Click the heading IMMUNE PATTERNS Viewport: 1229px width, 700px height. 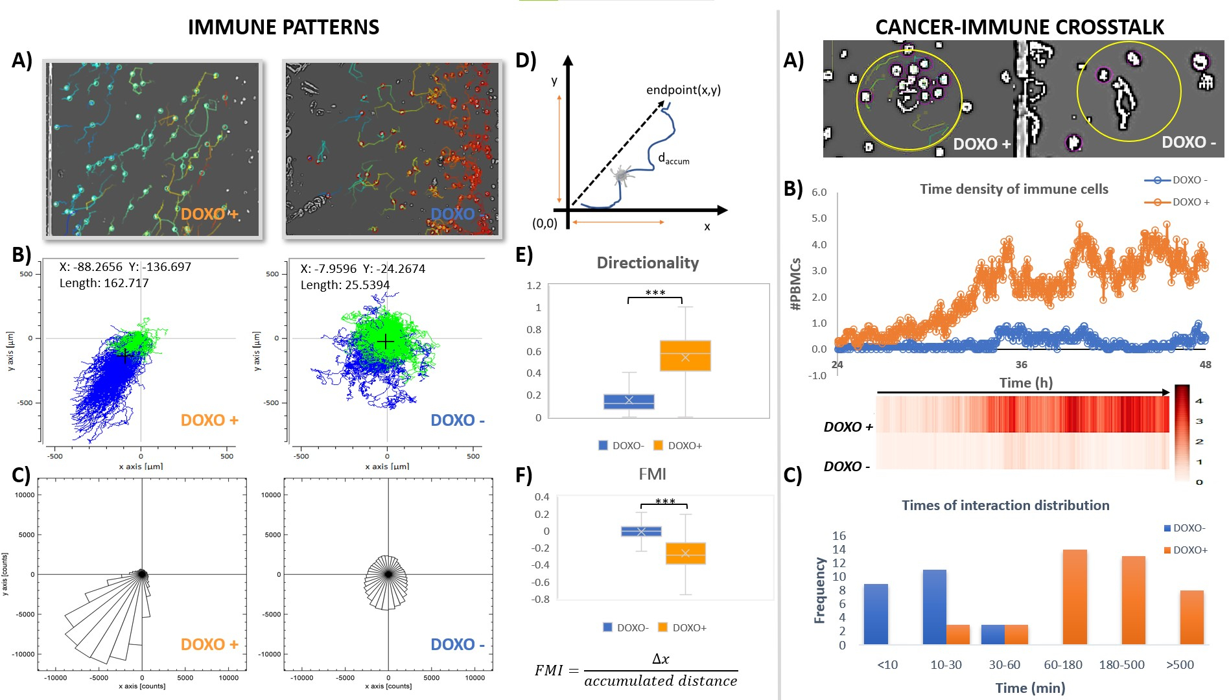[283, 27]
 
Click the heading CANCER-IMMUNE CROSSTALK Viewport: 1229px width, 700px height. [1019, 27]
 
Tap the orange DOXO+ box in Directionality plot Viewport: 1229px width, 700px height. [685, 355]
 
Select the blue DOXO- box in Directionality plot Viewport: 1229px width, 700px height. [629, 401]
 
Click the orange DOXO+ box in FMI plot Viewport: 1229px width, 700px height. [685, 553]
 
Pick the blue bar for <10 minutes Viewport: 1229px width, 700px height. [876, 614]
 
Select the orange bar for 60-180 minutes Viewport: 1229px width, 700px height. [1075, 597]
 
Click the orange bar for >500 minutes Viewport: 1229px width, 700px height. [1191, 617]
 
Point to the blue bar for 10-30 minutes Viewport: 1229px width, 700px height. [934, 607]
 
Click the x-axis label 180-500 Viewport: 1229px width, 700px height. [1121, 664]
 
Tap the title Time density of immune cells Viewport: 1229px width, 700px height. [1014, 189]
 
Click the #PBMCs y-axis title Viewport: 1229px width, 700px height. [796, 284]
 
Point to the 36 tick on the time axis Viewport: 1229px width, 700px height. [1022, 364]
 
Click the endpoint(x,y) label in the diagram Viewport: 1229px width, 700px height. [683, 90]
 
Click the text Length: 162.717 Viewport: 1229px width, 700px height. [104, 283]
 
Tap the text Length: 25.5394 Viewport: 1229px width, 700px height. [345, 285]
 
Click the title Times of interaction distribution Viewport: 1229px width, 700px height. [1005, 506]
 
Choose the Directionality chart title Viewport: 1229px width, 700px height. [648, 262]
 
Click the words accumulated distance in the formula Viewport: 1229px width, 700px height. [661, 681]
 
